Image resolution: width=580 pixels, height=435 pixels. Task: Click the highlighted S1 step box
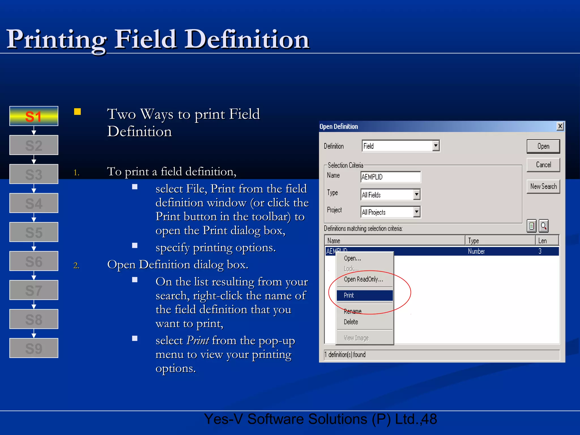click(34, 116)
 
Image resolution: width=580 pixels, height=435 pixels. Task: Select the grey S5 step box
click(34, 232)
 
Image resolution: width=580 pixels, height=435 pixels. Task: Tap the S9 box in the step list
click(34, 348)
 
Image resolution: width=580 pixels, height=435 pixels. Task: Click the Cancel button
click(543, 165)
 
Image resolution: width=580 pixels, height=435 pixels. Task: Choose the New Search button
click(543, 186)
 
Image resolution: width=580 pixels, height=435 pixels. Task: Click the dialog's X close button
click(560, 126)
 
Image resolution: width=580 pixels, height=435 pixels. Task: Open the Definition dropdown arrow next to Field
click(436, 146)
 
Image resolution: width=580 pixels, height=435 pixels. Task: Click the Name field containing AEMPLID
click(390, 177)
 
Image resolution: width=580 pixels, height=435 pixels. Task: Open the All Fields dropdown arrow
click(417, 195)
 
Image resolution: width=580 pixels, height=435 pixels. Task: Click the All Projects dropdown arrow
click(417, 212)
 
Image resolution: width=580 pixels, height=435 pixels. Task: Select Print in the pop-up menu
click(364, 295)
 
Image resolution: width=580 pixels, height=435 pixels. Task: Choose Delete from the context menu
click(351, 322)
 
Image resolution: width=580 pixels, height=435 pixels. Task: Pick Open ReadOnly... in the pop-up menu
click(363, 280)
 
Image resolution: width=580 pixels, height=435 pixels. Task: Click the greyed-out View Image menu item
click(356, 338)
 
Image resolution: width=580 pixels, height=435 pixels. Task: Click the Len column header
click(547, 241)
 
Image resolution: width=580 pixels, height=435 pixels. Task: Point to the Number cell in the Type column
click(476, 251)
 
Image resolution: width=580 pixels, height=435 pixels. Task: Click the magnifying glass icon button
click(543, 226)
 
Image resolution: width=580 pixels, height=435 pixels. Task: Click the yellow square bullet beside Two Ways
click(77, 112)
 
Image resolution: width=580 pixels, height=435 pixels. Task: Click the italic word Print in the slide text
click(198, 340)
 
